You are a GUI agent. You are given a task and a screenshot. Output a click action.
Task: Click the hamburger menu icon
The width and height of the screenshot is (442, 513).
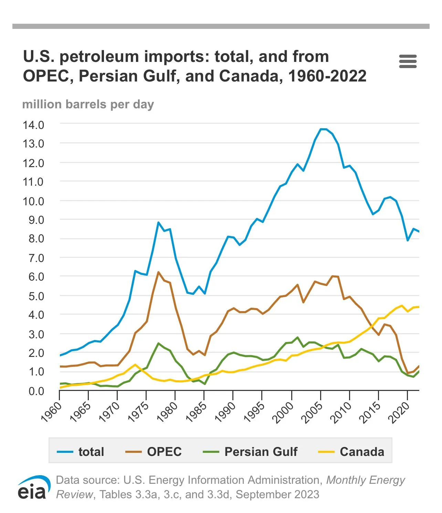pyautogui.click(x=408, y=61)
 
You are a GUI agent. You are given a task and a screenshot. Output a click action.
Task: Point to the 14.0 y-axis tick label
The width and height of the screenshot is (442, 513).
pyautogui.click(x=33, y=125)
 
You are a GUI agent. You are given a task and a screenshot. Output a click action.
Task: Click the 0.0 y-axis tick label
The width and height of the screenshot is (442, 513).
pyautogui.click(x=36, y=391)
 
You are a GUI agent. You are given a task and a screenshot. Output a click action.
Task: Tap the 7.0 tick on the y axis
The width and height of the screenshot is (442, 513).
pyautogui.click(x=36, y=258)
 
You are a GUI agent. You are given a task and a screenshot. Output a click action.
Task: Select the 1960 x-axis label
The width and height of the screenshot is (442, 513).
pyautogui.click(x=52, y=412)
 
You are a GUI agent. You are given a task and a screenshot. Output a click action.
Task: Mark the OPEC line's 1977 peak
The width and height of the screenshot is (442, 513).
pyautogui.click(x=158, y=272)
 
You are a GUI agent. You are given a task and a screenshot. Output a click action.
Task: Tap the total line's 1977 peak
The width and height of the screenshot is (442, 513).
pyautogui.click(x=158, y=222)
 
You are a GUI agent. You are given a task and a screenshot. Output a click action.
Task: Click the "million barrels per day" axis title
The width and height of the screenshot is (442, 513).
pyautogui.click(x=88, y=104)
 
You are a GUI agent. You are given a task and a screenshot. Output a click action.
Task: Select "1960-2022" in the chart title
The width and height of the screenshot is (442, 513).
pyautogui.click(x=327, y=76)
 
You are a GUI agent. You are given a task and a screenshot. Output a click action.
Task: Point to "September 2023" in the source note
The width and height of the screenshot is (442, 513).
pyautogui.click(x=277, y=494)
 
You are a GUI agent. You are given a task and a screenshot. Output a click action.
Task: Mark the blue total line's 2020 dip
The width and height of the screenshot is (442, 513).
pyautogui.click(x=408, y=240)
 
